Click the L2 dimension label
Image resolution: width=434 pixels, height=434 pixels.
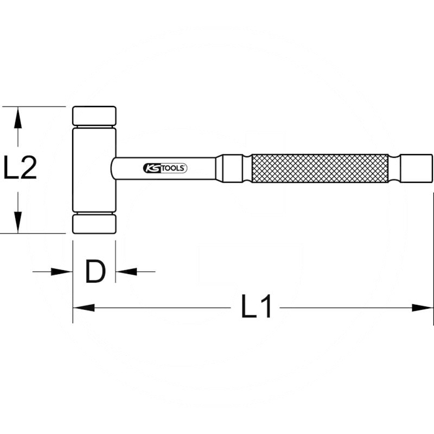click(x=20, y=168)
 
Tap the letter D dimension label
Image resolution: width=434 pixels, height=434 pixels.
click(x=95, y=271)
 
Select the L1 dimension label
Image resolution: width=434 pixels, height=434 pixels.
click(x=256, y=307)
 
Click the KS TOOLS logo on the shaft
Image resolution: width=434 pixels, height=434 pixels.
click(x=165, y=168)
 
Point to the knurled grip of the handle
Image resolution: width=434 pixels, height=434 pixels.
click(x=320, y=168)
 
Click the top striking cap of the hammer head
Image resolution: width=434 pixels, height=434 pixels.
click(x=94, y=116)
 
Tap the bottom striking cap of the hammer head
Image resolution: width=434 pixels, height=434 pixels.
click(x=94, y=224)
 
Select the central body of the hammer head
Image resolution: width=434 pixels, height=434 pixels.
click(x=94, y=170)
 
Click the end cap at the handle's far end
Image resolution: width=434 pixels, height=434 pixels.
click(x=417, y=168)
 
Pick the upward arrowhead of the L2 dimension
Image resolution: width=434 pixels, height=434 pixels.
click(x=18, y=118)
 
